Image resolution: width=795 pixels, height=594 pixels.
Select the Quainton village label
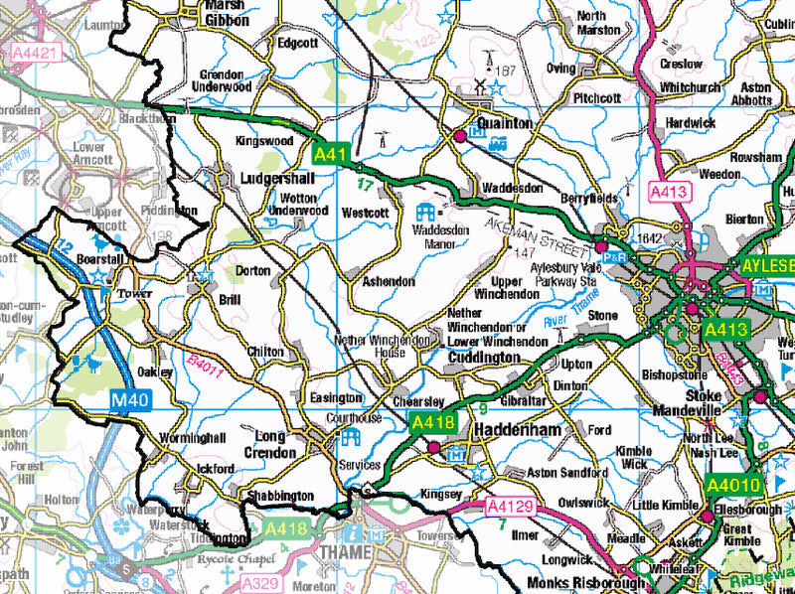(x=505, y=123)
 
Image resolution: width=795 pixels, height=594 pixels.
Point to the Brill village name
(x=232, y=299)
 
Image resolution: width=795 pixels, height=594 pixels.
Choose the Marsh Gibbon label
(x=222, y=11)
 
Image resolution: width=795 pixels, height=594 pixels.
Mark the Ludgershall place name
(x=277, y=179)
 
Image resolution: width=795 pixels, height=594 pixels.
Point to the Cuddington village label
(x=484, y=357)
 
